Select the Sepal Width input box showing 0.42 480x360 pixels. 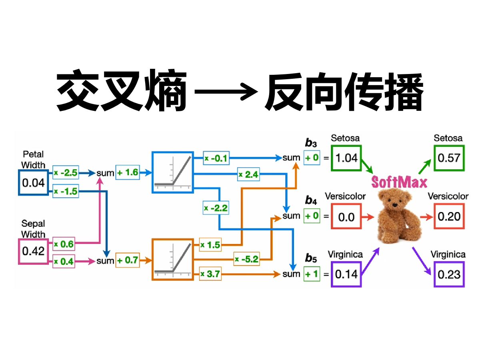(34, 251)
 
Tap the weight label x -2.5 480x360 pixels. (66, 173)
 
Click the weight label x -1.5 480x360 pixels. (66, 191)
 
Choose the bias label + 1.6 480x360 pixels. (128, 173)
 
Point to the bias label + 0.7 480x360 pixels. (128, 261)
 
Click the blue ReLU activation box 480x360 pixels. (172, 173)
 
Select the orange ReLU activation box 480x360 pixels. (172, 259)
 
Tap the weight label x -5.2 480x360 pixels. (247, 259)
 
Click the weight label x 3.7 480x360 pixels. (210, 274)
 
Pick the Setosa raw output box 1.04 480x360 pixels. (346, 158)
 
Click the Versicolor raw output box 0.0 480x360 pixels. (346, 217)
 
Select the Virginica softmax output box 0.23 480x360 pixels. (449, 274)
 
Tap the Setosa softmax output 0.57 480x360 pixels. (449, 158)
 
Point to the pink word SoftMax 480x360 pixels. (399, 182)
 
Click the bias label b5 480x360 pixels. (311, 258)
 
